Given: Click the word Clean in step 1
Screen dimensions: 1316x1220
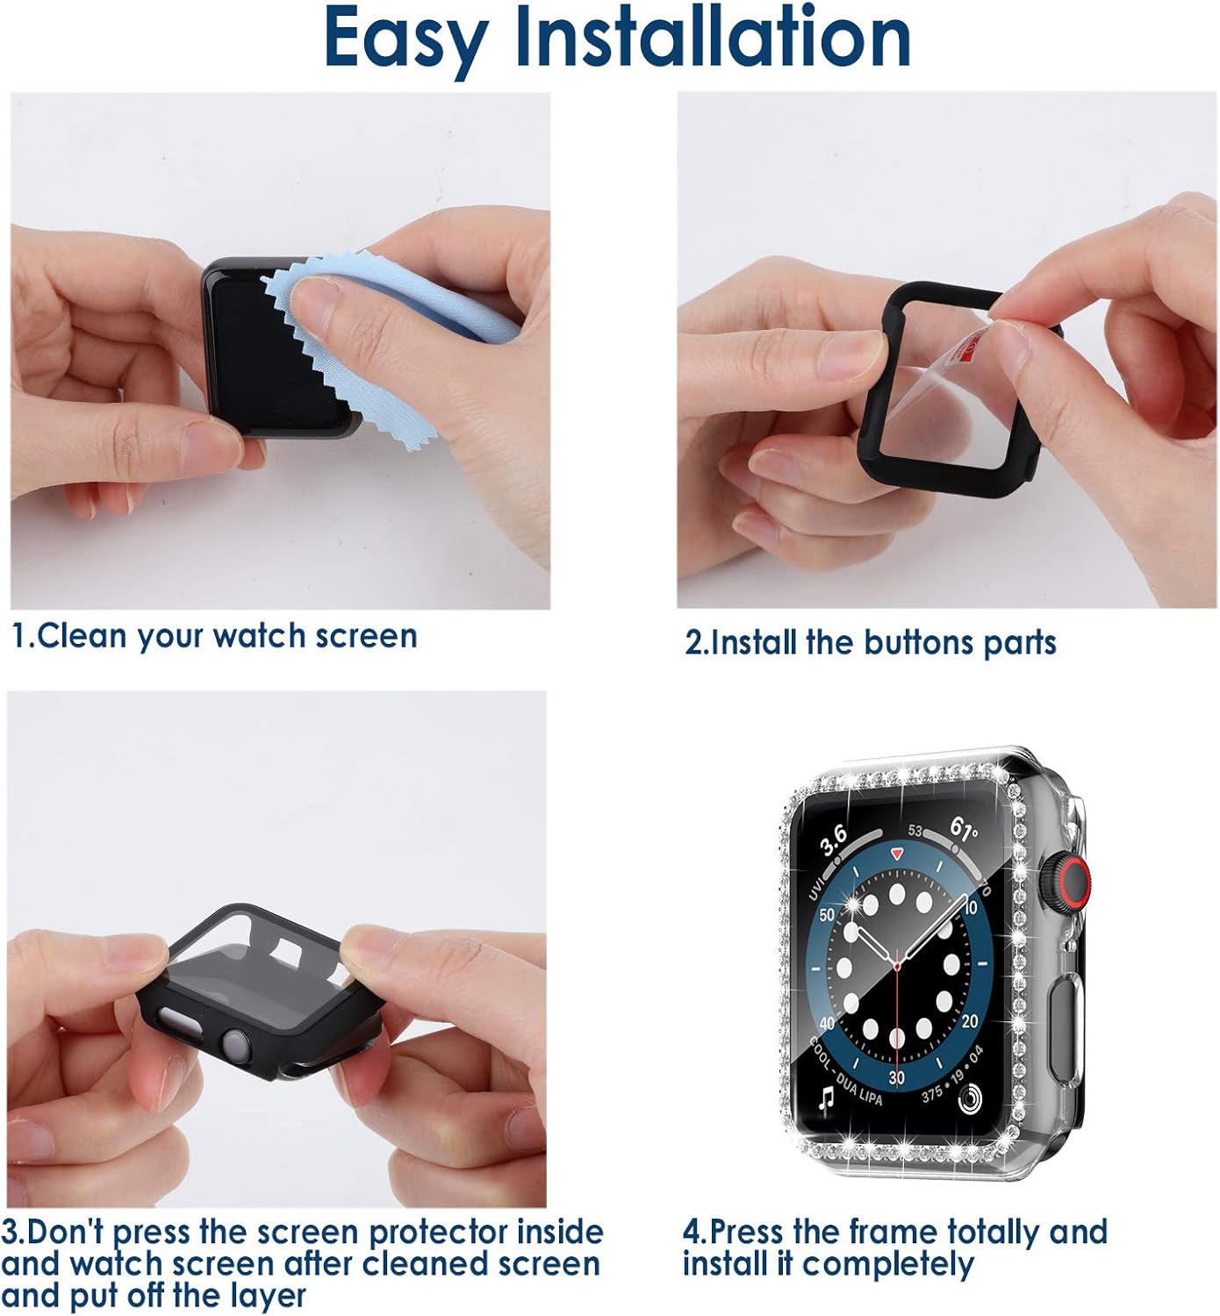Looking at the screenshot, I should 81,635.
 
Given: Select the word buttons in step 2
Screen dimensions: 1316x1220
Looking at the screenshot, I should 920,642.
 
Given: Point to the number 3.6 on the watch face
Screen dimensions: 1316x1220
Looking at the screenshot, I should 834,840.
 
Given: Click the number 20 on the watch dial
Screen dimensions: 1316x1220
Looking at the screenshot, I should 970,1020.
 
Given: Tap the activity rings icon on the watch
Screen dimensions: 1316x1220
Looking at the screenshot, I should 971,1098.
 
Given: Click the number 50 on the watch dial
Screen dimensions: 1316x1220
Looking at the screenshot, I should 827,914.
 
